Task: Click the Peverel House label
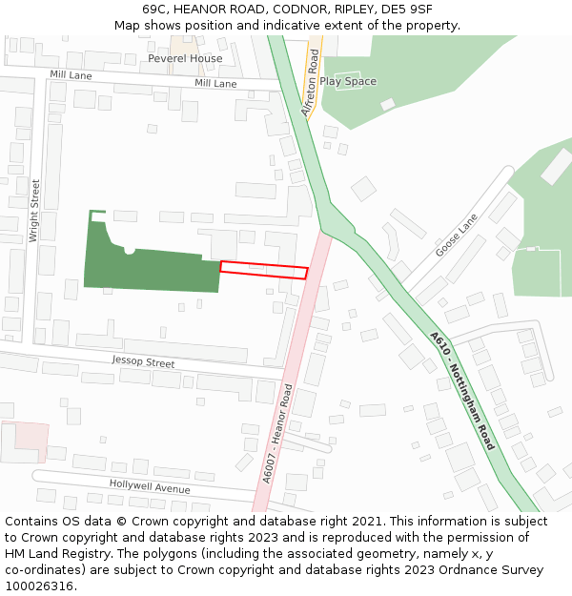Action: point(185,58)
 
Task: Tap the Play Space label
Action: point(348,81)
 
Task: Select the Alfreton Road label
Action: point(310,85)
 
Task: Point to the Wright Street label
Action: point(34,211)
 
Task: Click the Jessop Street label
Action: point(143,362)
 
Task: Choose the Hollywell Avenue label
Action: point(150,486)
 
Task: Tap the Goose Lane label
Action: point(456,235)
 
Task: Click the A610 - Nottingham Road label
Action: point(461,391)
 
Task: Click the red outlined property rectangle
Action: point(264,270)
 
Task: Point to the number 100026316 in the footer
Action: point(40,586)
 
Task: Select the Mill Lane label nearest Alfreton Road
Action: point(215,84)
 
